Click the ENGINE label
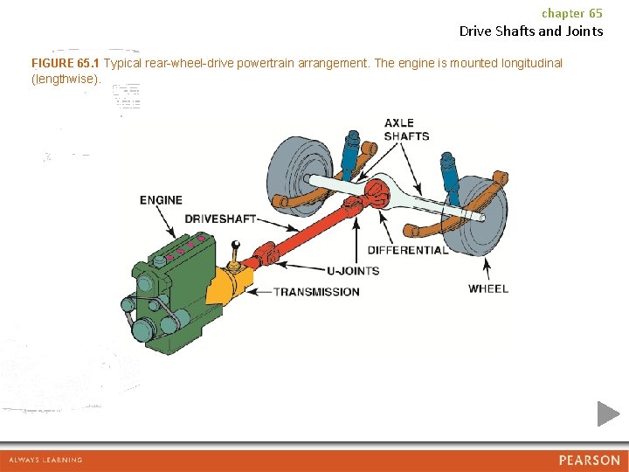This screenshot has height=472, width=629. click(x=161, y=200)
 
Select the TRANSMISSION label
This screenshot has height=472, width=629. click(x=316, y=292)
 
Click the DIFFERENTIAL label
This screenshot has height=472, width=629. click(x=408, y=250)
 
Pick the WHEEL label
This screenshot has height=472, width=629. click(x=487, y=289)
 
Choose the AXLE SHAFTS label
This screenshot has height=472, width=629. click(x=406, y=129)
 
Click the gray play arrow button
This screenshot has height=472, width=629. click(x=608, y=413)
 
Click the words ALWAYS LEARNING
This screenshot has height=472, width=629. click(x=45, y=460)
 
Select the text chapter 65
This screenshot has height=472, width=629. click(x=572, y=13)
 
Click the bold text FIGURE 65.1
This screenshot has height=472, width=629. click(x=66, y=64)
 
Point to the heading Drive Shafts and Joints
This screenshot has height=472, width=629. click(x=531, y=31)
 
